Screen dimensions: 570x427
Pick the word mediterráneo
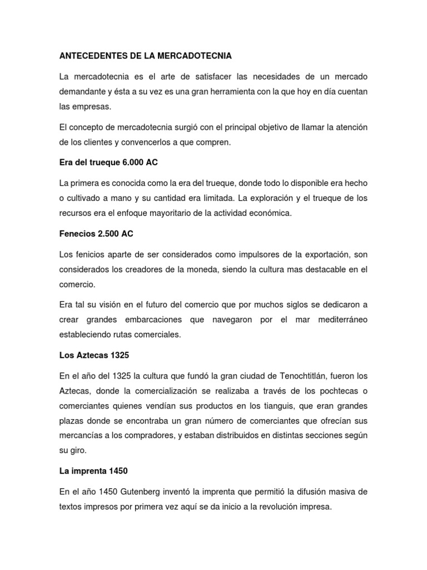(x=337, y=320)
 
